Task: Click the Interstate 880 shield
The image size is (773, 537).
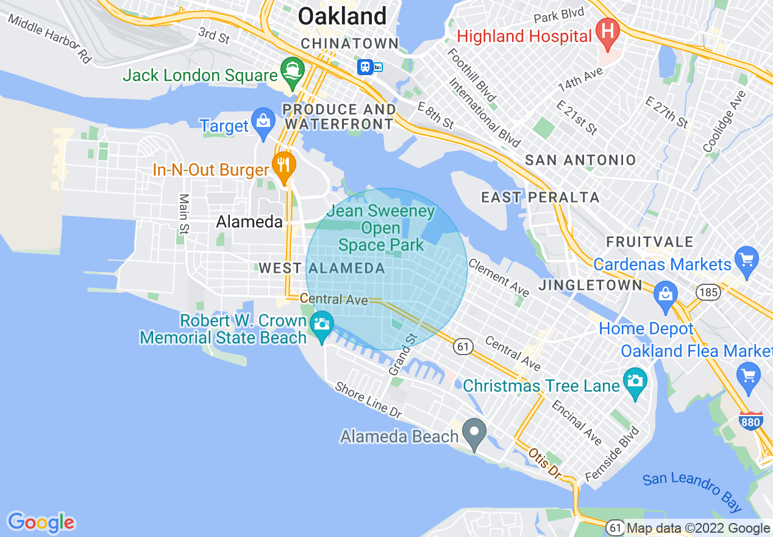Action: [750, 420]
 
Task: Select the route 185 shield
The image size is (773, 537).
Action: [709, 292]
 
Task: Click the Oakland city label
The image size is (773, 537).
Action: [343, 16]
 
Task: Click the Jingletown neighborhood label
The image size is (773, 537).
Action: [590, 285]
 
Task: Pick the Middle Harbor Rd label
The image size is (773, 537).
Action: [49, 38]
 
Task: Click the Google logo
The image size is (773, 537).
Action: [41, 522]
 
